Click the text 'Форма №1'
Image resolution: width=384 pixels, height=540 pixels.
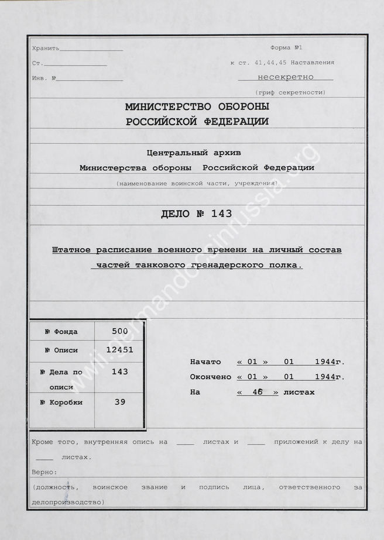(286, 47)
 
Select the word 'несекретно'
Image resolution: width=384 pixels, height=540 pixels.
(285, 77)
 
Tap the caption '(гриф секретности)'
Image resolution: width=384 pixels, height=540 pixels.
(290, 92)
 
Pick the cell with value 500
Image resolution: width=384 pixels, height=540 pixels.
(119, 331)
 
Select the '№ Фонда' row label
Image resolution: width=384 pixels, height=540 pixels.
(61, 332)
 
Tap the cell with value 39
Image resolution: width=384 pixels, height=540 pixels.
(119, 402)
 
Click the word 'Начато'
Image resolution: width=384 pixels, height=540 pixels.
(205, 362)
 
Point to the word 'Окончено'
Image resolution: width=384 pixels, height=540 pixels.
(210, 377)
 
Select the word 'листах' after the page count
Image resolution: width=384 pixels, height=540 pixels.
(299, 392)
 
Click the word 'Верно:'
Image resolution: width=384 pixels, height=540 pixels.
(44, 472)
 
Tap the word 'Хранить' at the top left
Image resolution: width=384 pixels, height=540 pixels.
(46, 48)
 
